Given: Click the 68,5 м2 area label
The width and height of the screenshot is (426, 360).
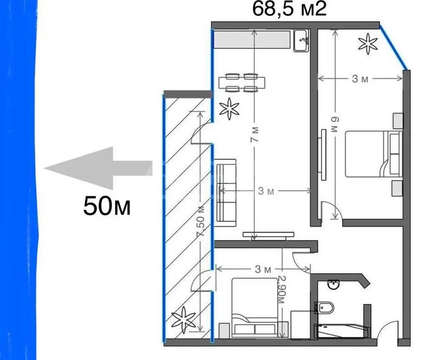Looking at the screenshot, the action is (289, 9).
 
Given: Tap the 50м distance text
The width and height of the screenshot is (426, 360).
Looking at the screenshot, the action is (106, 206).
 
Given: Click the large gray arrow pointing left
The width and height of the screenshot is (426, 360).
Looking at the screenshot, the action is (98, 168).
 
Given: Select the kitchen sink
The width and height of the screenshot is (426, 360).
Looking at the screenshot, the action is (301, 41).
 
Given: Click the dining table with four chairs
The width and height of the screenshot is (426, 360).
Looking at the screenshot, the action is (242, 83).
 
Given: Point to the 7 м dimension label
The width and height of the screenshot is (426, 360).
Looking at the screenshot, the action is (254, 134).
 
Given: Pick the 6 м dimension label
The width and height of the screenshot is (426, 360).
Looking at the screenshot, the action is (335, 124).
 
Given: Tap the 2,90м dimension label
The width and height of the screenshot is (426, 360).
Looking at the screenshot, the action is (282, 289).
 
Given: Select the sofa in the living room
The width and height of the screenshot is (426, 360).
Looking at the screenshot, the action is (225, 193).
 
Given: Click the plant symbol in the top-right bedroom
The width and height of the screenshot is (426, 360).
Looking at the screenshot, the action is (368, 43).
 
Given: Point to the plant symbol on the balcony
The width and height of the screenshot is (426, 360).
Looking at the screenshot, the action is (184, 320).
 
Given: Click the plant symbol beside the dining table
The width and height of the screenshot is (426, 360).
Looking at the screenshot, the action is (229, 109).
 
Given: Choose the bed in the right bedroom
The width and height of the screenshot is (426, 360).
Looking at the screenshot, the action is (374, 154).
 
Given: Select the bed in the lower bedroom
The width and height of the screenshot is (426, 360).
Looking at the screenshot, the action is (254, 307).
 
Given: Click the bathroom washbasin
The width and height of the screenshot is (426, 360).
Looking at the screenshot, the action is (333, 285).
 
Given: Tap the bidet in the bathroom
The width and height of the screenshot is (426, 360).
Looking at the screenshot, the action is (324, 308).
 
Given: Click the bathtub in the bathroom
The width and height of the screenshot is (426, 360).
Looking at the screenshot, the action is (342, 331).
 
